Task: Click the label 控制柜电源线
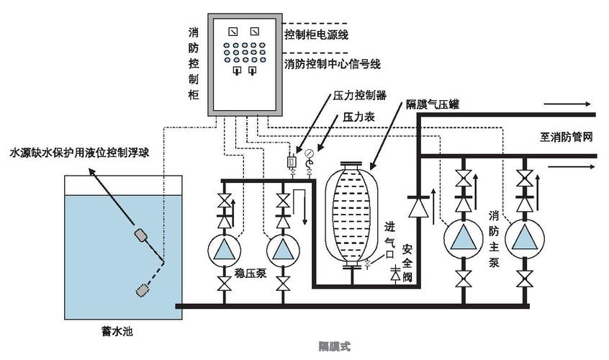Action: pyautogui.click(x=316, y=35)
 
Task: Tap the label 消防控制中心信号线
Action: pyautogui.click(x=332, y=64)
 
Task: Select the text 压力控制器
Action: pyautogui.click(x=360, y=95)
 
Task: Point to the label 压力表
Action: pyautogui.click(x=358, y=116)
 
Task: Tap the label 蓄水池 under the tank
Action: pyautogui.click(x=118, y=333)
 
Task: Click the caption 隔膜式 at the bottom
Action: pyautogui.click(x=335, y=346)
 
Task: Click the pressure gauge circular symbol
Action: pyautogui.click(x=310, y=153)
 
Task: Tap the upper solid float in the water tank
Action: pyautogui.click(x=140, y=235)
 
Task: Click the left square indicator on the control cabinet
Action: pyautogui.click(x=233, y=32)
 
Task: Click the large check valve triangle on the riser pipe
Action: pyautogui.click(x=418, y=207)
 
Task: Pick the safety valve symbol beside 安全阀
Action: pyautogui.click(x=394, y=274)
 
